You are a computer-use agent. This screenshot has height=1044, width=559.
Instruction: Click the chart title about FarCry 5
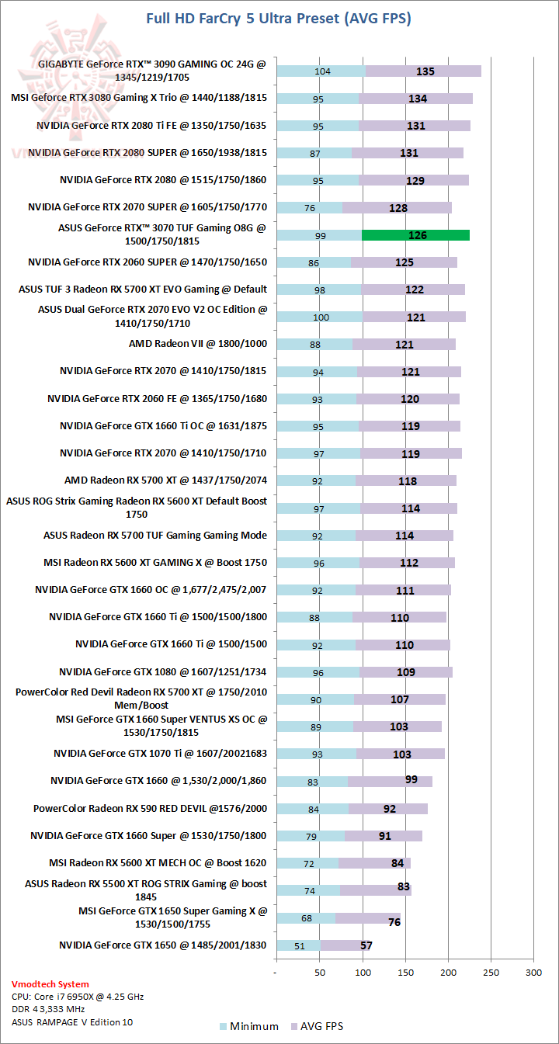coord(279,18)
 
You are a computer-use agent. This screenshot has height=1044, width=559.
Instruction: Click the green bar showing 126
coord(416,235)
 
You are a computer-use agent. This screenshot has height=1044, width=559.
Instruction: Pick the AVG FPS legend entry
coord(319,1026)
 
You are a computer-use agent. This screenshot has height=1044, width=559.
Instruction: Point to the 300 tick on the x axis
coord(533,972)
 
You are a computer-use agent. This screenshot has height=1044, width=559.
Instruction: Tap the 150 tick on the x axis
coord(404,972)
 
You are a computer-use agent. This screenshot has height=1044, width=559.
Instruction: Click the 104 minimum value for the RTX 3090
coord(323,71)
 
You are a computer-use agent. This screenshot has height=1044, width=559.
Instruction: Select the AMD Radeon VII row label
coord(198,343)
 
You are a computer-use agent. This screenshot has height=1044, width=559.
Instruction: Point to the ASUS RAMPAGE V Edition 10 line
coord(72,1021)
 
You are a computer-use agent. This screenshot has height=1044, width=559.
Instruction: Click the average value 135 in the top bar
coord(425,71)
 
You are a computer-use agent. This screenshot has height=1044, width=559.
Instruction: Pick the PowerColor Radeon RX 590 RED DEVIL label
coord(150,808)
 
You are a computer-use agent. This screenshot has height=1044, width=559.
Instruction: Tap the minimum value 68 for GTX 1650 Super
coord(307,918)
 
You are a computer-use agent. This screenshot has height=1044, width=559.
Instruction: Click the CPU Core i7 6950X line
coord(78,997)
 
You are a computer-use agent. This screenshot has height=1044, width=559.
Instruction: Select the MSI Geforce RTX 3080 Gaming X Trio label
coord(139,98)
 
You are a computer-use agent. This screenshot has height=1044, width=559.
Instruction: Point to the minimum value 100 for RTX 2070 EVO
coord(320,317)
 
